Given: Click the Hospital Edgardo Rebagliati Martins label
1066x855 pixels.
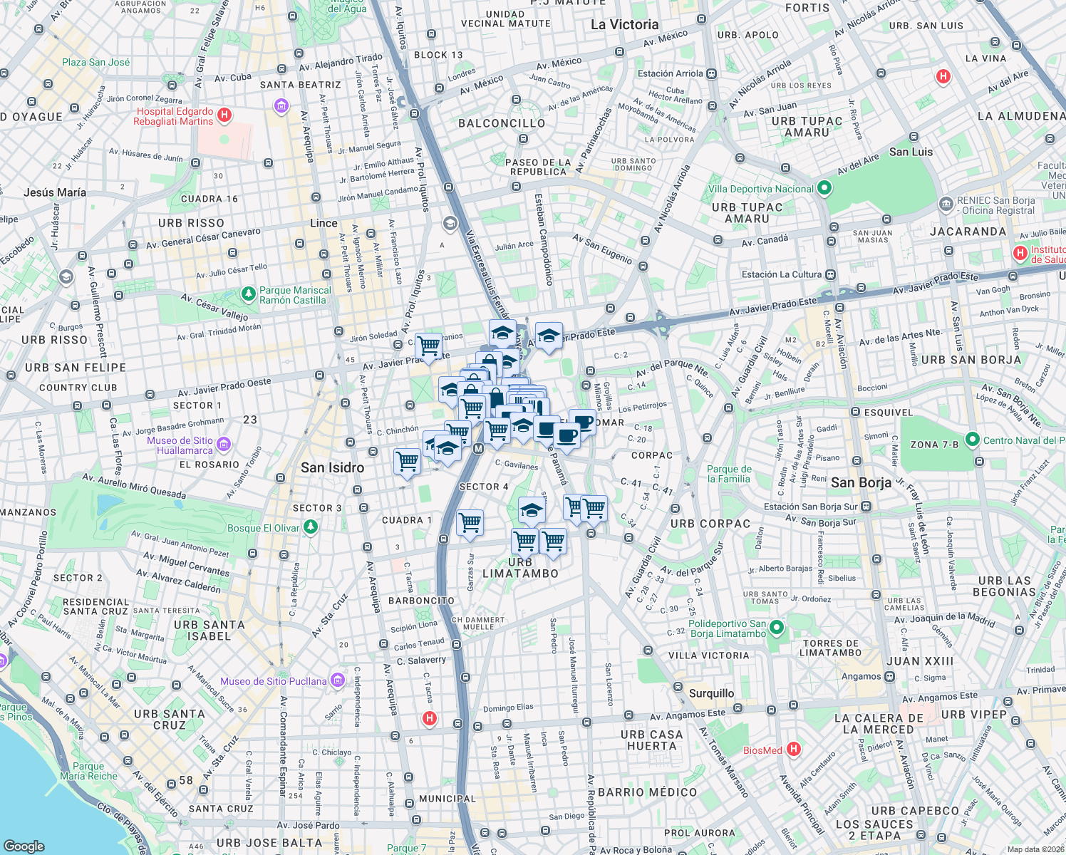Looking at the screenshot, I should [x=175, y=116].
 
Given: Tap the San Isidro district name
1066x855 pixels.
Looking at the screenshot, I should [x=332, y=468].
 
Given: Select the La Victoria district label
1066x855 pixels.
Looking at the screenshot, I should [x=624, y=25].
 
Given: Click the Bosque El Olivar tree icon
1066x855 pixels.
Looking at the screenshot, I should [x=310, y=527].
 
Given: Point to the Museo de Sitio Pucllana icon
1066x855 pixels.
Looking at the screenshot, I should [x=338, y=681].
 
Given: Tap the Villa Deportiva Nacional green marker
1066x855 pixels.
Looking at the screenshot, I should [x=824, y=188].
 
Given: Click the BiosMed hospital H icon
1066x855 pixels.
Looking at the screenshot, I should [x=794, y=750].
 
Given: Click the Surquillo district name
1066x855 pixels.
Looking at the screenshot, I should [x=711, y=693].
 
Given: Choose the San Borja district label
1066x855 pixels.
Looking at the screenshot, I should [x=861, y=482].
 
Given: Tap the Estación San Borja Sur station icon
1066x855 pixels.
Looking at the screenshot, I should [x=866, y=507].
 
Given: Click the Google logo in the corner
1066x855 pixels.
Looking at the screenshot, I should [x=24, y=846].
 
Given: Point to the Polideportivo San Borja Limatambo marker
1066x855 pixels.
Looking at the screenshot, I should [x=777, y=628].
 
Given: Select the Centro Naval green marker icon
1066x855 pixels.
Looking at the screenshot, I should [x=973, y=440].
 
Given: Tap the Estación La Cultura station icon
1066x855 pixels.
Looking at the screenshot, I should [x=831, y=274].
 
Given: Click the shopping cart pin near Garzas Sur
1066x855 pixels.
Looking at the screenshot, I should [x=470, y=523].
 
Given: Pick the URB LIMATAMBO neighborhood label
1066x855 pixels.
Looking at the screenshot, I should [x=520, y=568].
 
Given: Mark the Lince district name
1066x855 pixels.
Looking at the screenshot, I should [x=324, y=223].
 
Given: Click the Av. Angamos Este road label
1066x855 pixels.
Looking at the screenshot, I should [x=687, y=715].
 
